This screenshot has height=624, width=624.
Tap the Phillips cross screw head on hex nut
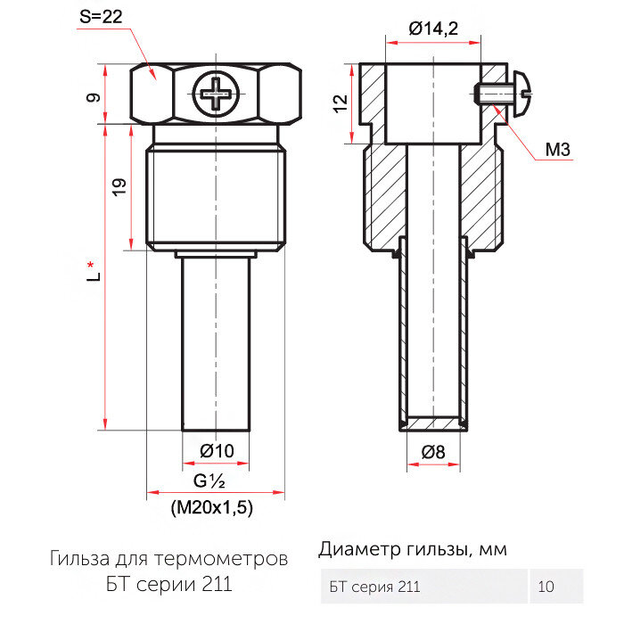[217, 93]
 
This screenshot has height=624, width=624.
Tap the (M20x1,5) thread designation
[212, 508]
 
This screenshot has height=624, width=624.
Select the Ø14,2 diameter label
[433, 29]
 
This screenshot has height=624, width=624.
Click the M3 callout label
[557, 150]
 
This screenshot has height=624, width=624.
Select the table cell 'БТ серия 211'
[374, 587]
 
